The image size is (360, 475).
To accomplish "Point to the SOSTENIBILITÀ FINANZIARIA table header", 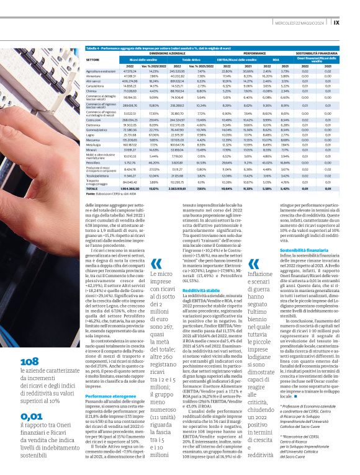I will [x=317, y=53].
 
